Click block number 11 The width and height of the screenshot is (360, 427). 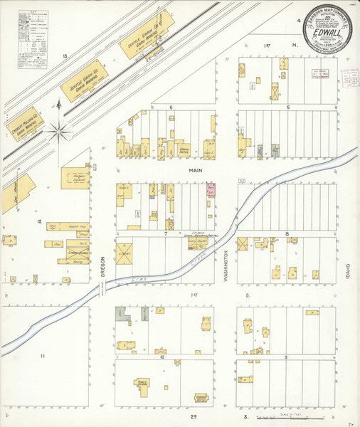coord(43,354)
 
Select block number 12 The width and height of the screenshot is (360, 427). coord(40,221)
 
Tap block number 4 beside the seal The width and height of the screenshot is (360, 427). coord(298,21)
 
